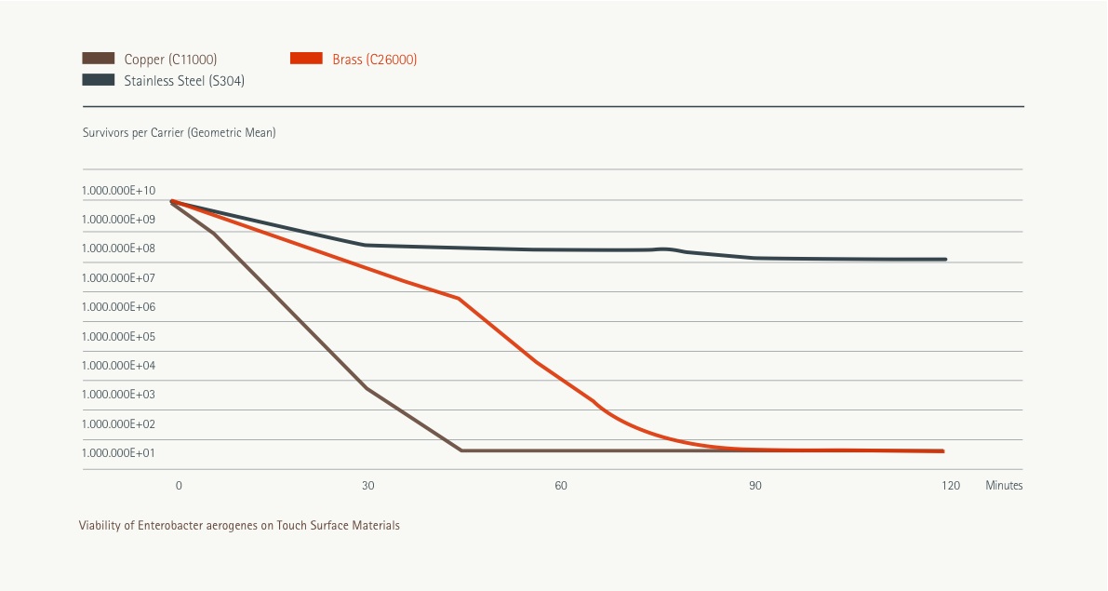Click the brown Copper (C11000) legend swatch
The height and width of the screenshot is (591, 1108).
99,59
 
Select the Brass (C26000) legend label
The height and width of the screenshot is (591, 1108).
374,60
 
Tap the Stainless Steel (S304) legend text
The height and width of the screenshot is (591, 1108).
184,81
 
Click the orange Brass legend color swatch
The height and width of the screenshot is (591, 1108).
307,59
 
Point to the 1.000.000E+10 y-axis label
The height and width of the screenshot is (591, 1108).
118,190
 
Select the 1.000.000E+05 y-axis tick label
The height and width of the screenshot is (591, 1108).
118,336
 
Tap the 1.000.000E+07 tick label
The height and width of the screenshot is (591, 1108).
118,277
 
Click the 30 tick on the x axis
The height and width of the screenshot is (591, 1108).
367,486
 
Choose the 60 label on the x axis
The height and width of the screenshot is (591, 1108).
561,486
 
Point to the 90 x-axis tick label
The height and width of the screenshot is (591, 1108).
755,486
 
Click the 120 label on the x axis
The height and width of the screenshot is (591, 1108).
950,486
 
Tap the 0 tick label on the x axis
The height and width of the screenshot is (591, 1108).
179,486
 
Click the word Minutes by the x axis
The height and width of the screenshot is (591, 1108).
1004,486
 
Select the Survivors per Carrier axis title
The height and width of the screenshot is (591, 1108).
179,133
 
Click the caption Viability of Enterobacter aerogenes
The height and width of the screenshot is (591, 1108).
239,526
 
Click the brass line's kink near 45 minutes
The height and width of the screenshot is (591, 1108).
459,299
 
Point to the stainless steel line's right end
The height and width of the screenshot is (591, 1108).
945,260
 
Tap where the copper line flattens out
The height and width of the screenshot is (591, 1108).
461,450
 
